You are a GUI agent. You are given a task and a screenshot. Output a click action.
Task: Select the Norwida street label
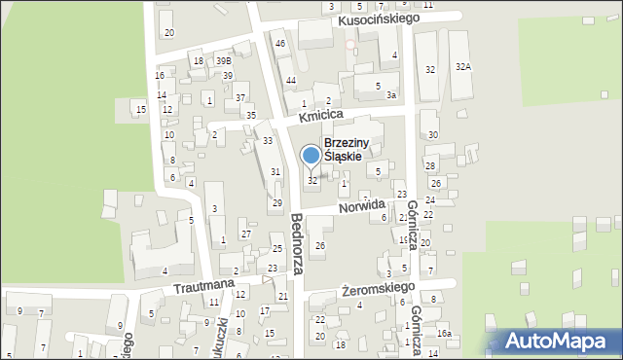pos(362,206)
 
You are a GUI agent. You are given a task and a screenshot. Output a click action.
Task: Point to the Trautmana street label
pos(204,287)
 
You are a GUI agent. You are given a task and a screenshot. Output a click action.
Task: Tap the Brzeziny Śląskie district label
pos(356,149)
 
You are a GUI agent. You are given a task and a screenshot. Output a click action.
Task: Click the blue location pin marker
pos(311,156)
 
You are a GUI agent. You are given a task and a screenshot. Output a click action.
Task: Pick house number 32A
pos(463,67)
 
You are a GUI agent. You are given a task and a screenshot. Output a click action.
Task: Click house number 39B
pos(224,61)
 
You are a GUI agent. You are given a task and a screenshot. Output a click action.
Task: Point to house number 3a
pos(390,95)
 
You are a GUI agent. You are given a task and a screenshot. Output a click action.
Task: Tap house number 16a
pos(444,334)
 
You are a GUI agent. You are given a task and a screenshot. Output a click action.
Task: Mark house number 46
pos(280,44)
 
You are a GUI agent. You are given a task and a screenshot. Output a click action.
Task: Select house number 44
pos(290,79)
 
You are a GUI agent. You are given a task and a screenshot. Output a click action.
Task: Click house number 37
pos(239,97)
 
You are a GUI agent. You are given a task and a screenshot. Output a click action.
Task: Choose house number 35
pos(251,116)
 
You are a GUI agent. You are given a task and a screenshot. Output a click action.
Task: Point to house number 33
pos(267,141)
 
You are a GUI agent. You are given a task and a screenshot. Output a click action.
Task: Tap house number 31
pos(275,171)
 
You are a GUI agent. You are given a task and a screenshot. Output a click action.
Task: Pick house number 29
pos(276,202)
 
